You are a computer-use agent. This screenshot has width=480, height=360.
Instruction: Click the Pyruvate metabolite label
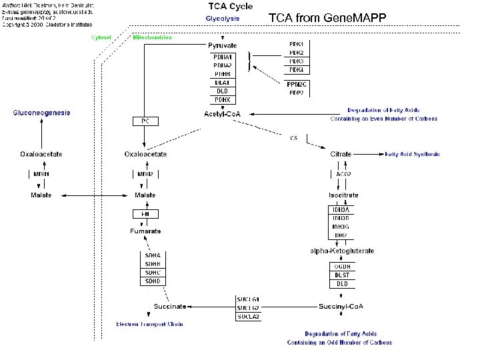pos(222,45)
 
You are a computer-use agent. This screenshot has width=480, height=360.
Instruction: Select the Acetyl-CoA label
pos(221,114)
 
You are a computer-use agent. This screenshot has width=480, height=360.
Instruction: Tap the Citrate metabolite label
pos(341,154)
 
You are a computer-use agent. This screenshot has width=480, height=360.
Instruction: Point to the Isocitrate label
pos(343,195)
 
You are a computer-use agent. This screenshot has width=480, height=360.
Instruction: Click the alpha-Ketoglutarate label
pos(342,251)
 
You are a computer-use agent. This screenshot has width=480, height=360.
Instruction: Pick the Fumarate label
pos(145,231)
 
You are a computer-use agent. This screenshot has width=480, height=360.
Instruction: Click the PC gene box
pos(145,121)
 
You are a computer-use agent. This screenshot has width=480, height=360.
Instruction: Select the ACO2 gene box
pos(342,174)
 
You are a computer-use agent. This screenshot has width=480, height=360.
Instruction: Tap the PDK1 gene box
pos(297,44)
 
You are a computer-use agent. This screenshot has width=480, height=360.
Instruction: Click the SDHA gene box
pos(153,255)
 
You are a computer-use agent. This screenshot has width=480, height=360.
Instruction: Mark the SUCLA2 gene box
pos(248,316)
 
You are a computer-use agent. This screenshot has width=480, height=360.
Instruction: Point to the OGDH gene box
pos(341,266)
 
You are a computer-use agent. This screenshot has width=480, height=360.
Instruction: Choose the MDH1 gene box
pos(41,174)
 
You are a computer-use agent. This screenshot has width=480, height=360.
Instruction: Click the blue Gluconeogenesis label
pos(41,113)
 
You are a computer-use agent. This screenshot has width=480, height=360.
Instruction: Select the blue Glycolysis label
pos(223,19)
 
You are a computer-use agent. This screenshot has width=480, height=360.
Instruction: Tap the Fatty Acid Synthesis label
pos(412,154)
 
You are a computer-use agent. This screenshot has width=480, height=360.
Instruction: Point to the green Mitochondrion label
pos(152,37)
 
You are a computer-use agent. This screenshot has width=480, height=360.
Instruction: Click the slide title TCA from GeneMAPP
pos(327,17)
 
